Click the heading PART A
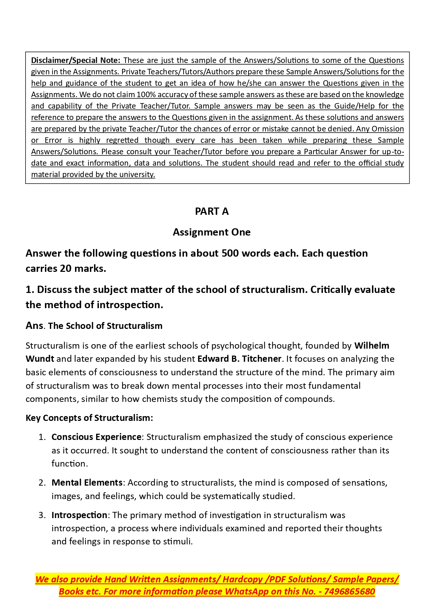coord(212,211)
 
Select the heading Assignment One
coord(212,232)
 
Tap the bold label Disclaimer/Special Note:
coord(76,60)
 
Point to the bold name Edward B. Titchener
coord(239,359)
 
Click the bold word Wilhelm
coord(372,346)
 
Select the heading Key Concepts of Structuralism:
coord(89,418)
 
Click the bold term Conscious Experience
coord(96,437)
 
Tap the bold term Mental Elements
coord(87,482)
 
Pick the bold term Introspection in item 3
coord(79,515)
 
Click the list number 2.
coord(42,482)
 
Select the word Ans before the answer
coord(34,326)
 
